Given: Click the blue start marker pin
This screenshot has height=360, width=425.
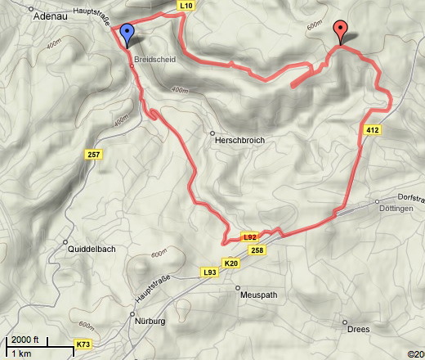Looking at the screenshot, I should coord(127,35).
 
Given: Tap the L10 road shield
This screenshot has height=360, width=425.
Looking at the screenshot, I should coord(186,5).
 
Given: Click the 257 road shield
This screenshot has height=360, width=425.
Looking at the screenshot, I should coord(92,155).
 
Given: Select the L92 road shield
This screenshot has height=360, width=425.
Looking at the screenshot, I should coord(252,237).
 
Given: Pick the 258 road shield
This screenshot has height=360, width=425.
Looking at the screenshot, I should coord(257,250).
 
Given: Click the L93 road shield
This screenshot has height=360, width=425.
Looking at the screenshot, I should coord(209,272).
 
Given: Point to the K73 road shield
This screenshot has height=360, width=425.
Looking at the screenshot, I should coord(83,345).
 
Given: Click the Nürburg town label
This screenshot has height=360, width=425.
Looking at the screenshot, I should coord(150,322).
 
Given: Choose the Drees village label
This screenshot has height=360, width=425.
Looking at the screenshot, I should coord(358,330).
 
